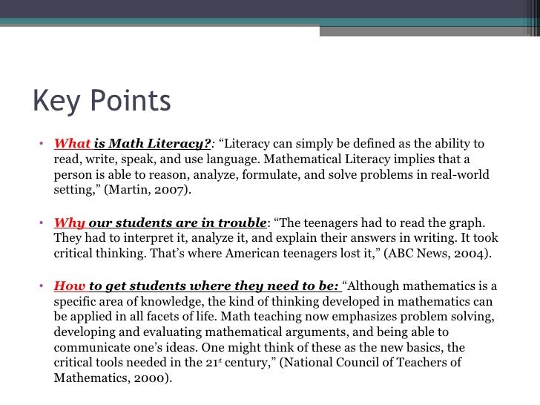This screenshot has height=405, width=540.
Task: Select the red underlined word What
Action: pyautogui.click(x=72, y=143)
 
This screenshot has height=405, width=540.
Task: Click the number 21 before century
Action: pyautogui.click(x=214, y=362)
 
